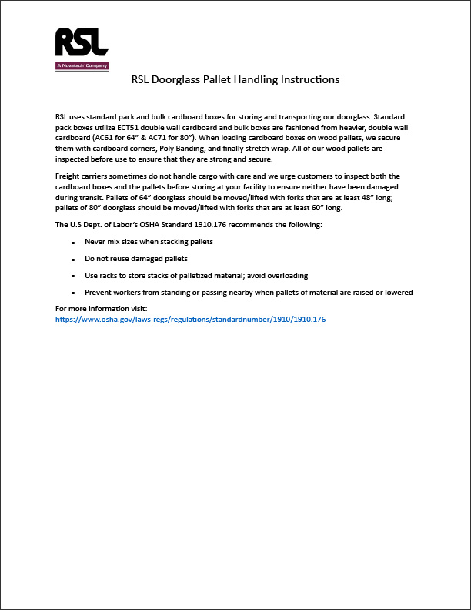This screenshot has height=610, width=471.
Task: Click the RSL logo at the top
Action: [x=82, y=43]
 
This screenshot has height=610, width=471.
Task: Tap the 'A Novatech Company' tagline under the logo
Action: [x=82, y=66]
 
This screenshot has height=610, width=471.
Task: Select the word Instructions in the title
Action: [x=310, y=79]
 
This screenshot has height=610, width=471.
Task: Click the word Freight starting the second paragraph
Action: [x=69, y=176]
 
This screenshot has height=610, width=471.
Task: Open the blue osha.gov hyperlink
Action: [x=191, y=319]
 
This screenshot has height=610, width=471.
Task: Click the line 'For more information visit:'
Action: [x=101, y=309]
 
